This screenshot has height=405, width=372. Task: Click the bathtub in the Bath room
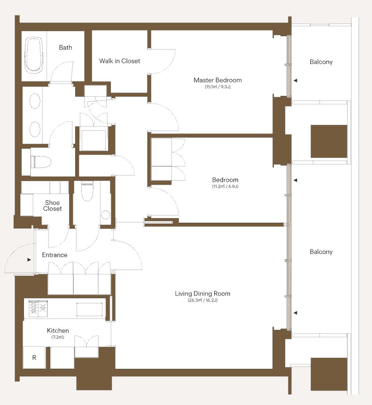(33, 54)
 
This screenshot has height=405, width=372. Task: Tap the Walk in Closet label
(119, 61)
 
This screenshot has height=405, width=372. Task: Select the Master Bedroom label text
(217, 80)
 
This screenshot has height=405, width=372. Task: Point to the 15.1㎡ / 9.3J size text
(217, 87)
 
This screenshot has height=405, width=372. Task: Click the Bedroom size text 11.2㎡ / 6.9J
(225, 187)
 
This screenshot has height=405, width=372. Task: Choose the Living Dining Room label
(202, 294)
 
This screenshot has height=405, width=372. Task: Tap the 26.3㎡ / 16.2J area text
(202, 300)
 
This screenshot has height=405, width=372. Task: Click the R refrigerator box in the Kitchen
(34, 358)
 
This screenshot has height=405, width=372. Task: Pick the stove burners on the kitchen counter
(38, 309)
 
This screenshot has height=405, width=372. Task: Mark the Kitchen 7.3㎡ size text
(58, 337)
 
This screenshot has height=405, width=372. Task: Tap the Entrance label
(54, 255)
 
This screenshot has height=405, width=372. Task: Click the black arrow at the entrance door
(29, 259)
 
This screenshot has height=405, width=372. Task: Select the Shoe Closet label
(53, 206)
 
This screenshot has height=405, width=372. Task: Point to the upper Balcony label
(321, 62)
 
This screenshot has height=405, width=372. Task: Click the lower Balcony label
(321, 252)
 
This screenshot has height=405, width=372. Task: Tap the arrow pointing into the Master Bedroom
(295, 81)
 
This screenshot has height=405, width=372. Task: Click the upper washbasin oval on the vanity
(35, 101)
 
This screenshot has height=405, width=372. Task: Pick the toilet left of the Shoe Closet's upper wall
(41, 162)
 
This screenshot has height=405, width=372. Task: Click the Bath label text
(66, 47)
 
